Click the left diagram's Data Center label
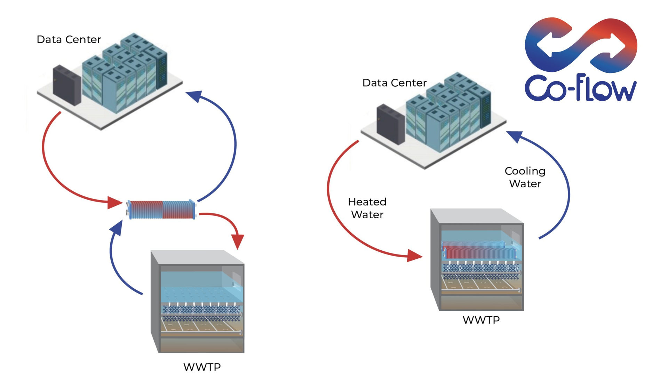coord(69,39)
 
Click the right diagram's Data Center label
coord(394,83)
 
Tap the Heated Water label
coord(367,208)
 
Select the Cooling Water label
coord(525,177)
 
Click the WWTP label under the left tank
coord(202,367)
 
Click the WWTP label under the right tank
coord(481,320)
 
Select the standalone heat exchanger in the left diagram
coord(161,210)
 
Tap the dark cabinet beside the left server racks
coord(66,85)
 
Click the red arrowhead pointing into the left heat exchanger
coord(114,203)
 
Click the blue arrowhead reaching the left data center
coord(194,96)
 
